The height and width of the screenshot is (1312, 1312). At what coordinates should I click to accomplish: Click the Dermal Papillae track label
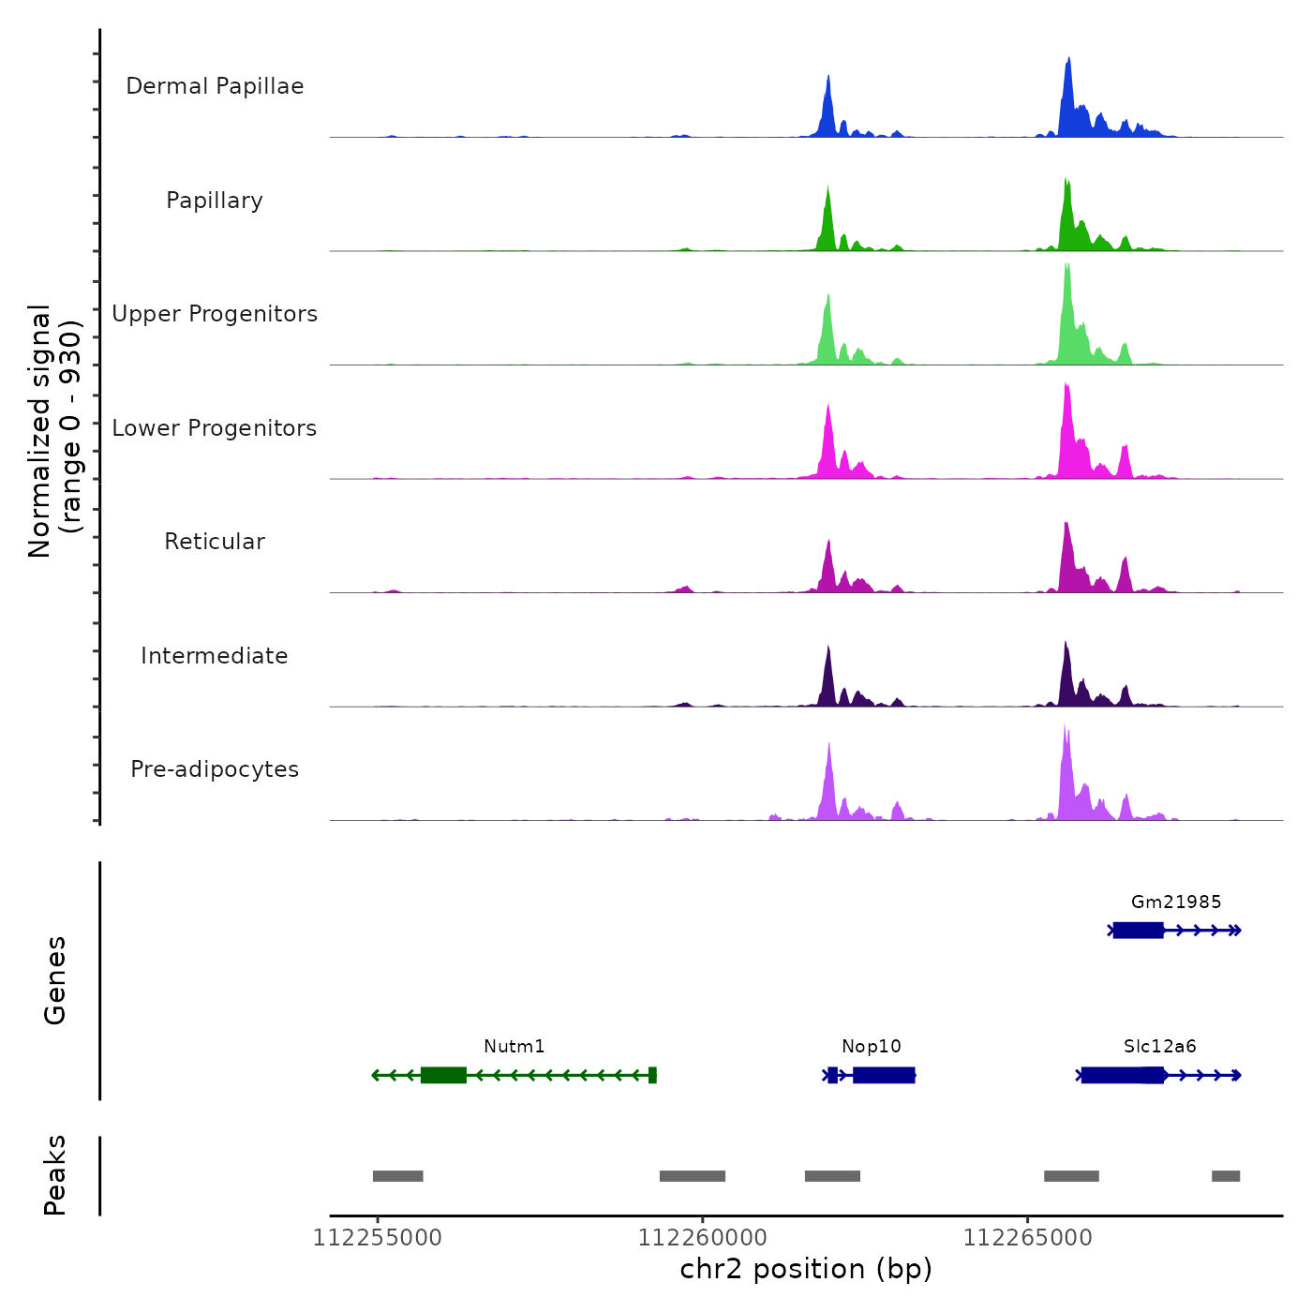[x=215, y=86]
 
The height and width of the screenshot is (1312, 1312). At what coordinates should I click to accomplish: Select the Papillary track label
[x=215, y=201]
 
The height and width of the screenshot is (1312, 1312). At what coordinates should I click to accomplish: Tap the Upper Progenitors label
[x=215, y=314]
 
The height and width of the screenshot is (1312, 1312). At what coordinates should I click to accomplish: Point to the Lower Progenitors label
[x=215, y=428]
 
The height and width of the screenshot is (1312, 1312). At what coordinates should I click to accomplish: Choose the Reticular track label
[x=215, y=542]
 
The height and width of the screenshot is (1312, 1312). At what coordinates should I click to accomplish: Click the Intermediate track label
[x=215, y=656]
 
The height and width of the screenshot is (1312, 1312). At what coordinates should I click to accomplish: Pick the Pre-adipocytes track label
[x=215, y=769]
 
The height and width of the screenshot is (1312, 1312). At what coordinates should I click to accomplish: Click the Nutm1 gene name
[x=514, y=1046]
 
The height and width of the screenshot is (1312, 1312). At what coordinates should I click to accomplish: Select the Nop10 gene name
[x=871, y=1046]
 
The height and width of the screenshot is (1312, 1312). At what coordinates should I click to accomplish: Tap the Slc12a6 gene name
[x=1159, y=1046]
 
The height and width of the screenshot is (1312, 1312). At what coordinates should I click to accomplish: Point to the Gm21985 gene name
[x=1176, y=902]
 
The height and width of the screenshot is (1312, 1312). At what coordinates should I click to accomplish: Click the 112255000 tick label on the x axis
[x=377, y=1238]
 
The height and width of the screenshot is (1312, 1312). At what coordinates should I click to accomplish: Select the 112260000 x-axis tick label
[x=702, y=1238]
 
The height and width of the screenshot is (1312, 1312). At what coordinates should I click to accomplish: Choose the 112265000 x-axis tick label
[x=1027, y=1238]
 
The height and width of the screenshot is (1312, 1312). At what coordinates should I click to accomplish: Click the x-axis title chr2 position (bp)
[x=806, y=1269]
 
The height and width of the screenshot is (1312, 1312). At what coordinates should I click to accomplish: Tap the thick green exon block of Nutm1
[x=443, y=1075]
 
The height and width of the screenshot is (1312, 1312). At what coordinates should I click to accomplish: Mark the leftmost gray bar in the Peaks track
[x=397, y=1176]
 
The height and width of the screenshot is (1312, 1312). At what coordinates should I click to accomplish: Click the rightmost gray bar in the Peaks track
[x=1225, y=1176]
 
